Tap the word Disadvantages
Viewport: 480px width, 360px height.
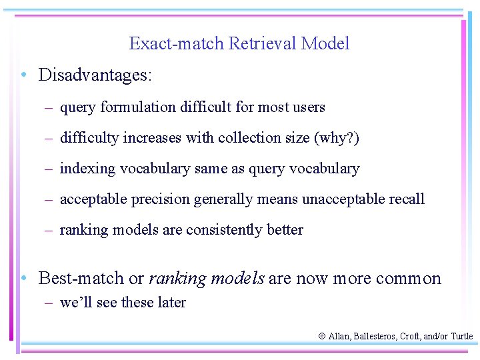pyautogui.click(x=95, y=75)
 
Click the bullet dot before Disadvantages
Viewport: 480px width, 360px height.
pyautogui.click(x=23, y=75)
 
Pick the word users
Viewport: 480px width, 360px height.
pyautogui.click(x=308, y=107)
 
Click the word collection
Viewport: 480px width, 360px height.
pyautogui.click(x=253, y=138)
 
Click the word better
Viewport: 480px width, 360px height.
pyautogui.click(x=285, y=230)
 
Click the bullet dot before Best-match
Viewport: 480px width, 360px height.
pyautogui.click(x=23, y=277)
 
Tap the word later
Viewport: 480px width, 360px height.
pyautogui.click(x=171, y=302)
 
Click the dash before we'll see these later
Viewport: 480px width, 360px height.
pyautogui.click(x=49, y=303)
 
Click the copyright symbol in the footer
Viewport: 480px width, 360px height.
pyautogui.click(x=321, y=337)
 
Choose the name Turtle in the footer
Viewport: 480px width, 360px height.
pyautogui.click(x=461, y=337)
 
